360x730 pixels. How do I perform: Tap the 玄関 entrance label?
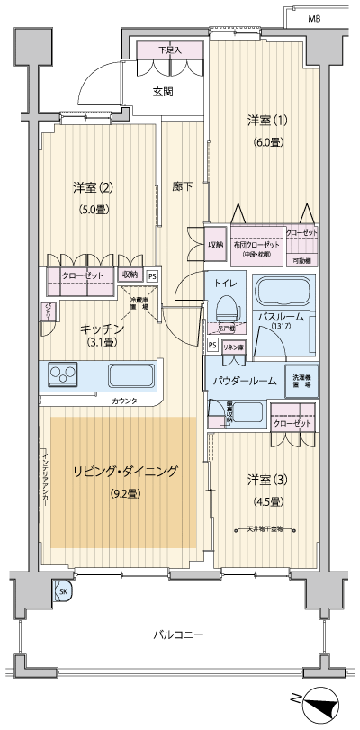coord(163,91)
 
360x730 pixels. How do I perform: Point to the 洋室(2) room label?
coord(94,187)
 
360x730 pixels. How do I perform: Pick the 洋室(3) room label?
coord(265,478)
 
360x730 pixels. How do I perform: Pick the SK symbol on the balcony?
coord(63,590)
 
